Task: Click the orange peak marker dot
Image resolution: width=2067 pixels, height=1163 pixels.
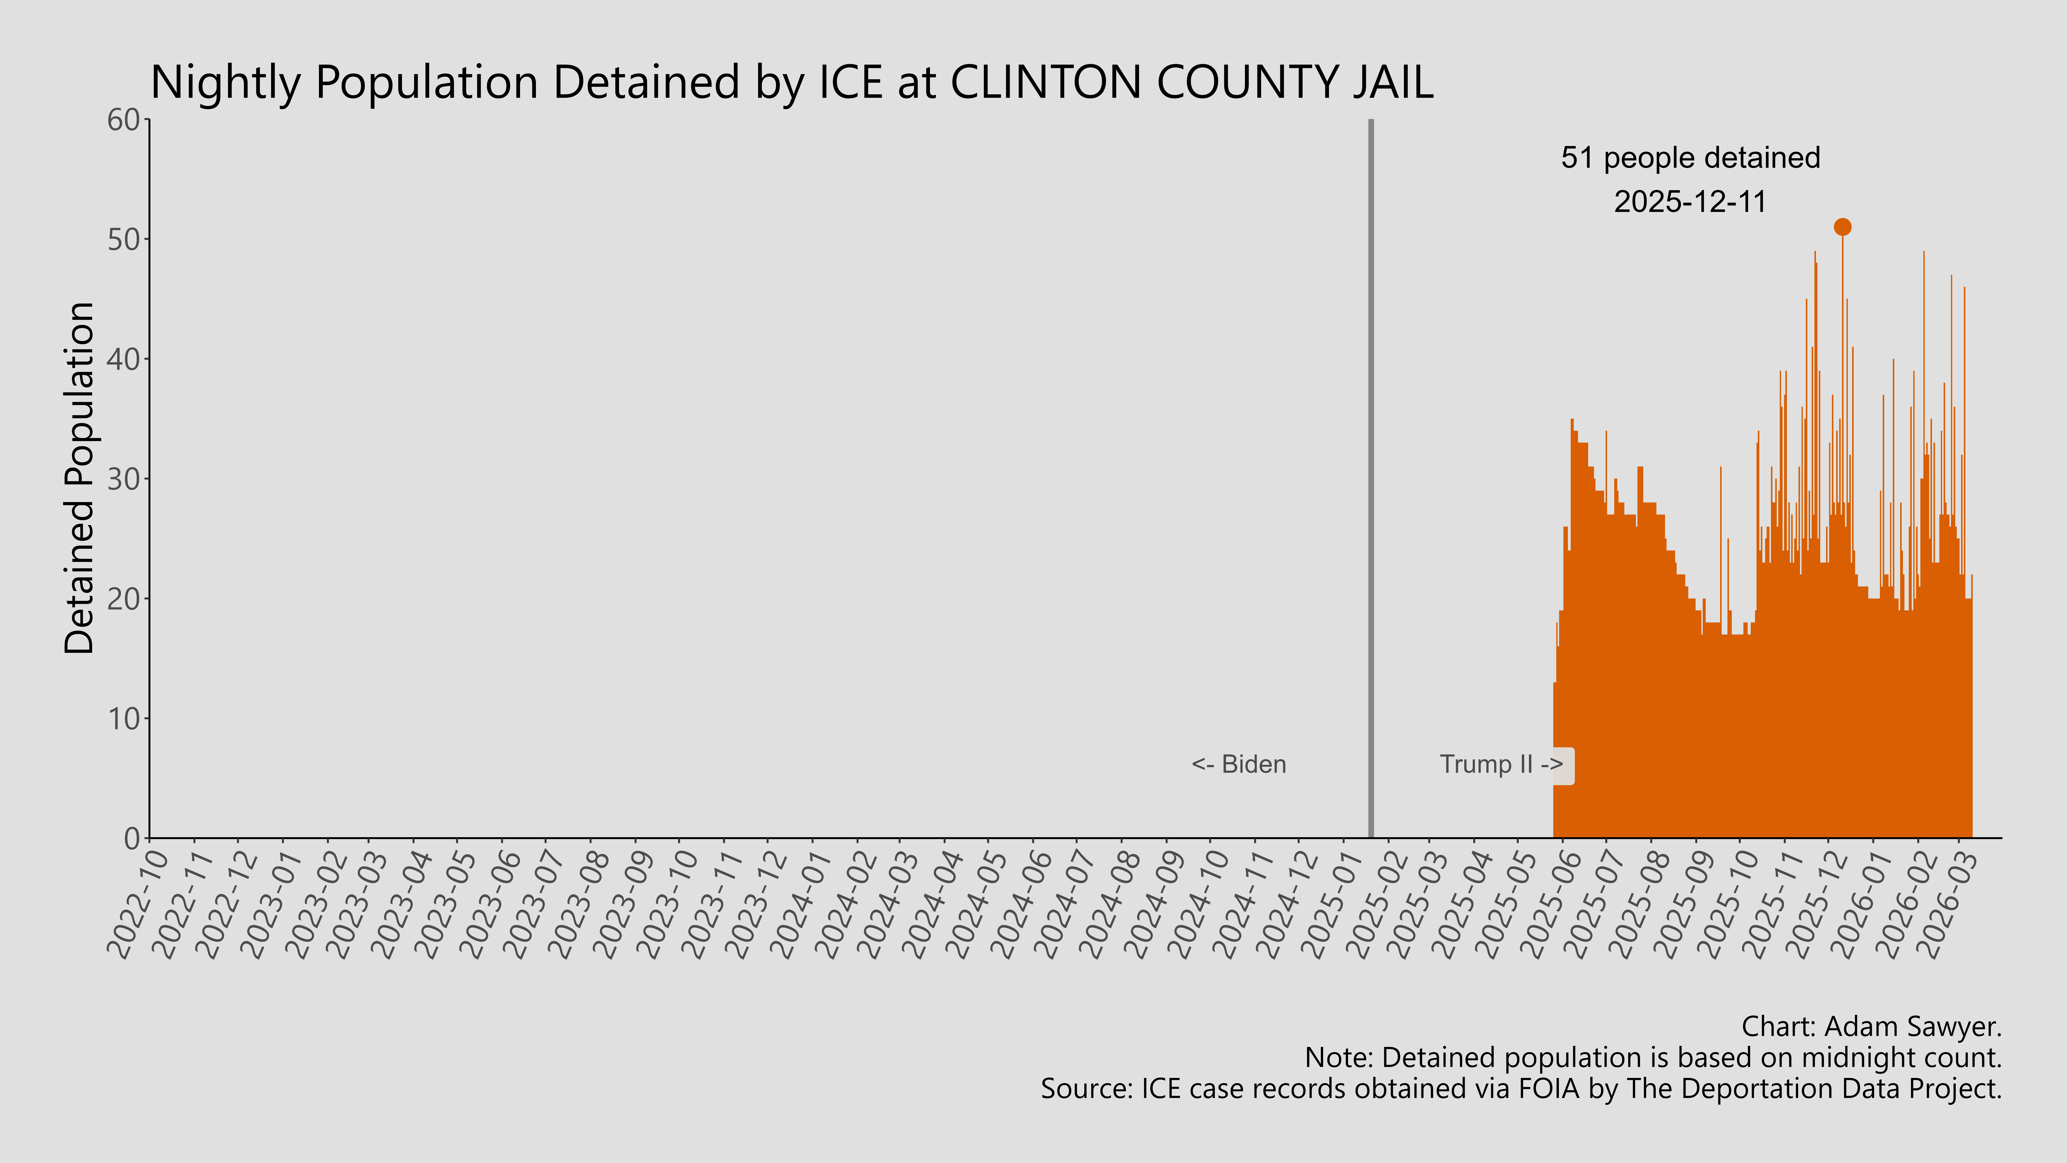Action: tap(1842, 227)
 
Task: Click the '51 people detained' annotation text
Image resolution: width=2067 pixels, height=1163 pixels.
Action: tap(1690, 158)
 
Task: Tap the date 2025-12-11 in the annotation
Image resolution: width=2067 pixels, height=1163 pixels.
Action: tap(1690, 201)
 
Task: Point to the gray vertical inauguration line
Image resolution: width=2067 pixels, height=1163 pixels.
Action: tap(1370, 482)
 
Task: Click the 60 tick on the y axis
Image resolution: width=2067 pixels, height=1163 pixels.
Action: tap(124, 120)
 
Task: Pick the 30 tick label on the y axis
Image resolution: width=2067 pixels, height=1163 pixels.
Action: tap(124, 479)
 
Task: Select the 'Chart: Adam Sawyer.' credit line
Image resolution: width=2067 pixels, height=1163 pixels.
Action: tap(1871, 1026)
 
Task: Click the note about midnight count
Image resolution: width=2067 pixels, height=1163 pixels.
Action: tap(1653, 1058)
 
